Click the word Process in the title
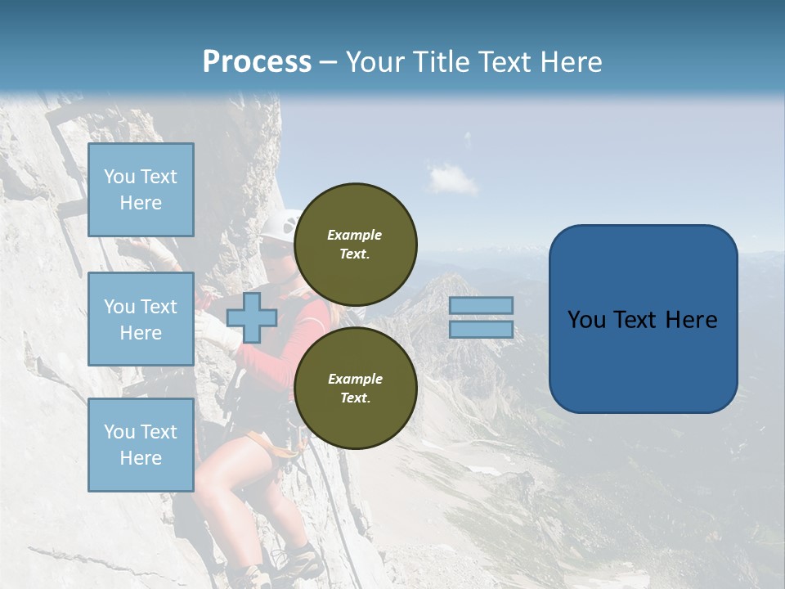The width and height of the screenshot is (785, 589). click(x=257, y=62)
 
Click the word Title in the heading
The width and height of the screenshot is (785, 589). click(x=440, y=62)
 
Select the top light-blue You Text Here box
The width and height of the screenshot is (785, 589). click(x=141, y=190)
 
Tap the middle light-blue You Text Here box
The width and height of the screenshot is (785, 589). click(x=141, y=319)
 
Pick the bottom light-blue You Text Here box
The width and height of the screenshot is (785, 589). click(x=141, y=444)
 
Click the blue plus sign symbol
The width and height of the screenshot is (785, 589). click(x=251, y=317)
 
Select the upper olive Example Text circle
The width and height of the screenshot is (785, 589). click(x=355, y=244)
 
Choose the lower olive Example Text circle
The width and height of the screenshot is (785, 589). click(x=355, y=388)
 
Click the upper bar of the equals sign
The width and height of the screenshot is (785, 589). click(x=481, y=305)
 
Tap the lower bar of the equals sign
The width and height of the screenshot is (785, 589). click(x=481, y=329)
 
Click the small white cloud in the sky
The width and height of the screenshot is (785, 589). click(x=452, y=178)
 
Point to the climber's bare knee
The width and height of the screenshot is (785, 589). click(x=214, y=474)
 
